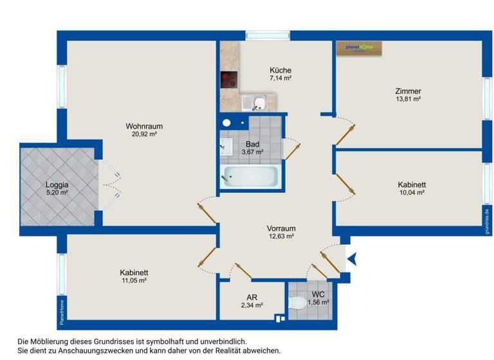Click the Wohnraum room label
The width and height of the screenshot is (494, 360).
click(x=141, y=126)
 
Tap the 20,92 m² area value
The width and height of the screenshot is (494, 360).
click(x=141, y=134)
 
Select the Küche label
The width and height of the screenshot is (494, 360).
click(x=280, y=70)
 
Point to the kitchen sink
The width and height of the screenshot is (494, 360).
click(x=253, y=102)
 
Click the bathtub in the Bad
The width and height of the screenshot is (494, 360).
click(x=250, y=176)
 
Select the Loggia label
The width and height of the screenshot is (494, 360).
click(x=57, y=184)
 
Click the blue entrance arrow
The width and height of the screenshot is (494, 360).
click(x=351, y=259)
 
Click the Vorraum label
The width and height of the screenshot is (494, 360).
click(x=281, y=228)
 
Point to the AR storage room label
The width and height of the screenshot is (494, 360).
click(x=252, y=298)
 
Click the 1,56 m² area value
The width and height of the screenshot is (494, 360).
click(x=318, y=302)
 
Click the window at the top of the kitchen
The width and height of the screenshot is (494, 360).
click(x=268, y=35)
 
